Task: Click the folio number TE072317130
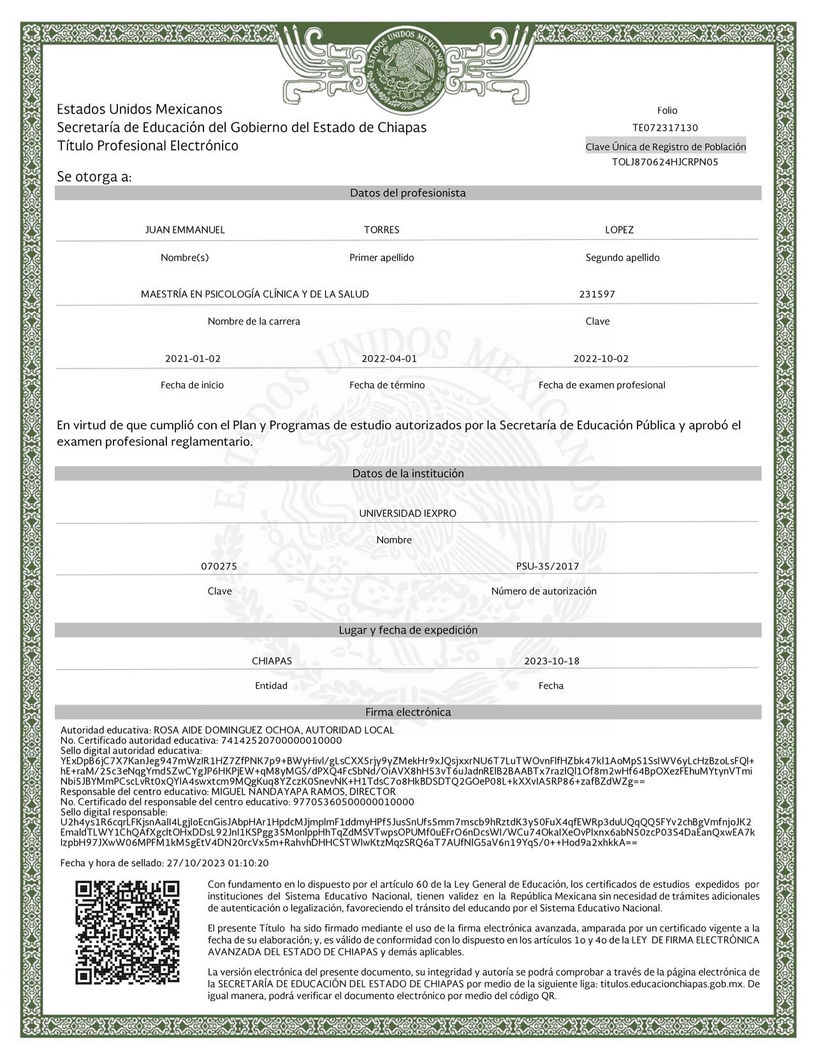tap(665, 128)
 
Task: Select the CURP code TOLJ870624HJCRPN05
tap(665, 162)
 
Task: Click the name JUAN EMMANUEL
tap(185, 230)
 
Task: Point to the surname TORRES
tap(381, 230)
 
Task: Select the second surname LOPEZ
tap(619, 230)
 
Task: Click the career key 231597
tap(597, 294)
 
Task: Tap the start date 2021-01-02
tap(193, 358)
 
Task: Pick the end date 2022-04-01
tap(389, 358)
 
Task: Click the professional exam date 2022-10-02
tap(601, 358)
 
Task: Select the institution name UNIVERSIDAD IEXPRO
tap(407, 513)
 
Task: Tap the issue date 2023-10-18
tap(551, 661)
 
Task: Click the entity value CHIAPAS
tap(272, 661)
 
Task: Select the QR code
tap(127, 932)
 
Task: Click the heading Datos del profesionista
tap(407, 193)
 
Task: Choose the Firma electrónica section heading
tap(407, 712)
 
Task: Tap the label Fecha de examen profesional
tap(601, 385)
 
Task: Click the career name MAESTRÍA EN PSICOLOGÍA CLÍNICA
tap(254, 294)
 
